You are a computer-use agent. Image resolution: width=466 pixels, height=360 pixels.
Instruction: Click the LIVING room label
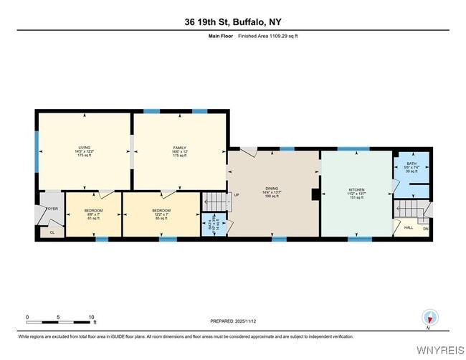click(83, 146)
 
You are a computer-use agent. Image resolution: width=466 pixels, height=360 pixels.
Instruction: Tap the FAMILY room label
click(179, 146)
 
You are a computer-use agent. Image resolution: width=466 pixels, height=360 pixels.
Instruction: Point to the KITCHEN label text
click(356, 189)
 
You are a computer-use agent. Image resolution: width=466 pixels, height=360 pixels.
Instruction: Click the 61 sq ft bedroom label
click(94, 212)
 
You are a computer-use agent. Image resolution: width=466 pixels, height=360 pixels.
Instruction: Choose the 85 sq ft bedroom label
click(161, 212)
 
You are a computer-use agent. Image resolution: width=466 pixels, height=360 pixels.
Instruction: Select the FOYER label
click(52, 209)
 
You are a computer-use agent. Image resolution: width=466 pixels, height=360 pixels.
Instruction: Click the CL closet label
click(52, 232)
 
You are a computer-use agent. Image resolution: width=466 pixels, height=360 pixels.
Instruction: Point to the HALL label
click(409, 228)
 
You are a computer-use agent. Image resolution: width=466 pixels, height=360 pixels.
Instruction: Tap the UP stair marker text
click(234, 194)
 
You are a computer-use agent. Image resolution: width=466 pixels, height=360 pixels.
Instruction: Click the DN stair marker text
click(425, 229)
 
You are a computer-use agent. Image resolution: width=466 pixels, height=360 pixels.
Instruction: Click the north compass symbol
click(429, 318)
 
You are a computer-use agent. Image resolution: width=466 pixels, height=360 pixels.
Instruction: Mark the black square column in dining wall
click(315, 194)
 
